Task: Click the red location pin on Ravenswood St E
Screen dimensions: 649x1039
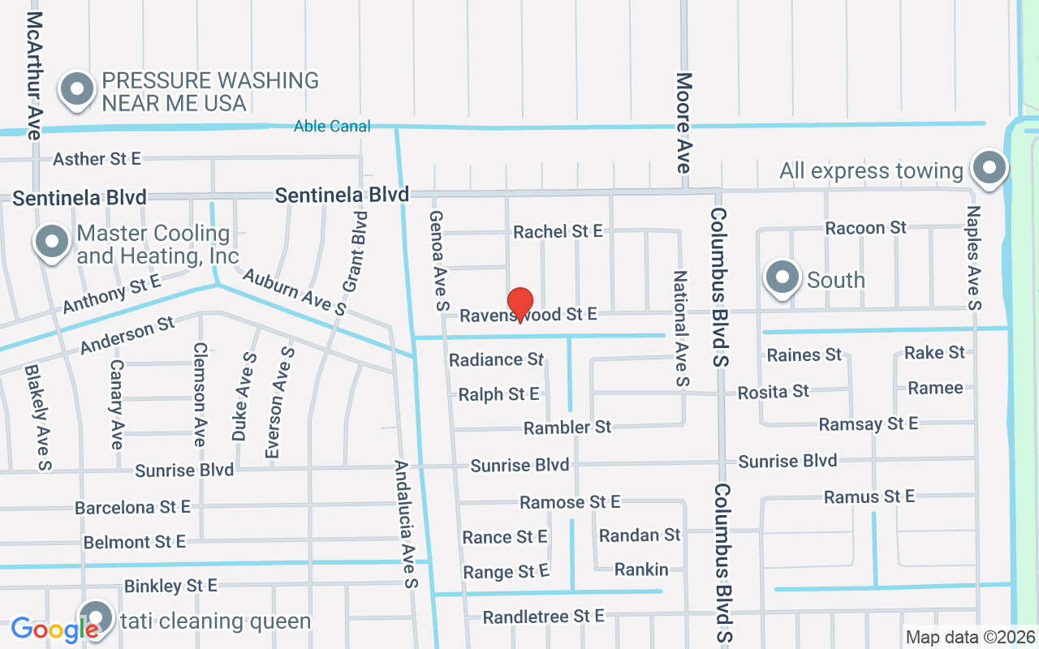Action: pos(519,304)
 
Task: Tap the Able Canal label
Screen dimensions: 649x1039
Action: pos(332,126)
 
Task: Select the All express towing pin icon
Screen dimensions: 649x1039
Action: pos(989,168)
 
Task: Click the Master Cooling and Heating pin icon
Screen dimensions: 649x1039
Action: pos(53,241)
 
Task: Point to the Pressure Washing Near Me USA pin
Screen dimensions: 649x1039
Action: pos(77,88)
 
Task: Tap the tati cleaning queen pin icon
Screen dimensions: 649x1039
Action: pos(96,618)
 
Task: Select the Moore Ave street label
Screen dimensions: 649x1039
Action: pos(683,122)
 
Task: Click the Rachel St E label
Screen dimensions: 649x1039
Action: pos(558,231)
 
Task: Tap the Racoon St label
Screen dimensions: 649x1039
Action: pos(865,227)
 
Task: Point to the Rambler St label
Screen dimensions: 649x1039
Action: pos(567,427)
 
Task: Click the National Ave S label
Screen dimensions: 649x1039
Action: pos(680,329)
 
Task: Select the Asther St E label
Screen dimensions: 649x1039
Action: pos(97,159)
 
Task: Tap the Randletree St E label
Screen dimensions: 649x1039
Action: pos(543,617)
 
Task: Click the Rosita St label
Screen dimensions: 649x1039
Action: pos(773,392)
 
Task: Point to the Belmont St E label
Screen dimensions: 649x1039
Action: pos(134,541)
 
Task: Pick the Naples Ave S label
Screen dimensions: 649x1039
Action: pos(973,257)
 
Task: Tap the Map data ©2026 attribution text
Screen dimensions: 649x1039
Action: pos(971,637)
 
